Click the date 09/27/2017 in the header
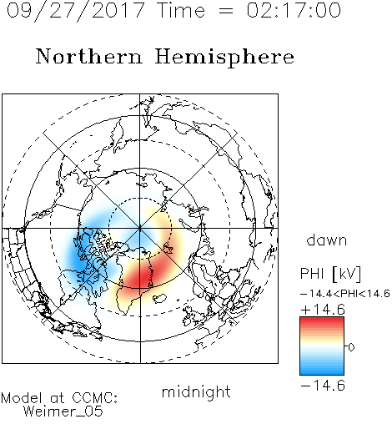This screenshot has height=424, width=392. pyautogui.click(x=75, y=11)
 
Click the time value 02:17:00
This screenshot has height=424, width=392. pyautogui.click(x=294, y=10)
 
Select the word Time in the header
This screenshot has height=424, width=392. pyautogui.click(x=181, y=10)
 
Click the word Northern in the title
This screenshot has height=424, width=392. pyautogui.click(x=89, y=56)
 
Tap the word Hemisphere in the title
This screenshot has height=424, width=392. pyautogui.click(x=224, y=58)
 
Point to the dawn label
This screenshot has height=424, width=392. pyautogui.click(x=327, y=240)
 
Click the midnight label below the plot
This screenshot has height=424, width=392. pyautogui.click(x=196, y=391)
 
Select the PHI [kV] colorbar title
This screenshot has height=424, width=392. pyautogui.click(x=330, y=274)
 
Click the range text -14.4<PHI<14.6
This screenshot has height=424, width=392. pyautogui.click(x=345, y=294)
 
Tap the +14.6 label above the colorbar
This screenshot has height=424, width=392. pyautogui.click(x=323, y=310)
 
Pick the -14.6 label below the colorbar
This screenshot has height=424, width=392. pyautogui.click(x=323, y=386)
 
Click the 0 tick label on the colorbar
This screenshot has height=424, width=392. pyautogui.click(x=351, y=347)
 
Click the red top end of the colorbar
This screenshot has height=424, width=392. pyautogui.click(x=322, y=320)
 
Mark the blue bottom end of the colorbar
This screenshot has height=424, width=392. pyautogui.click(x=322, y=371)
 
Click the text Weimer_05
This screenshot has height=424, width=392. pyautogui.click(x=63, y=411)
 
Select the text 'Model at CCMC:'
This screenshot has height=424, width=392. pyautogui.click(x=59, y=398)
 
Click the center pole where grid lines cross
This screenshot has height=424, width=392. pyautogui.click(x=140, y=229)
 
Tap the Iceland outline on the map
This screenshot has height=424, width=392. pyautogui.click(x=159, y=299)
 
